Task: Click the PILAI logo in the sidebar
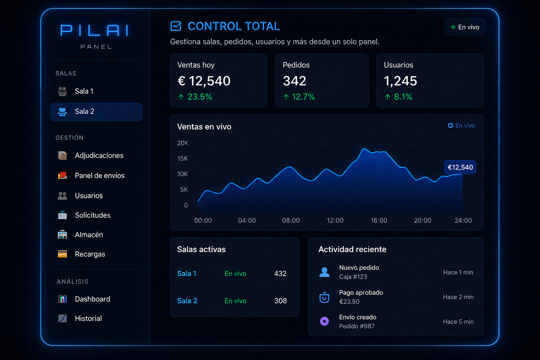[x=95, y=31]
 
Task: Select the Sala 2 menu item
[x=96, y=112]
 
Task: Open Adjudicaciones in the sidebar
[x=99, y=155]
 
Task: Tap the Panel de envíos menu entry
[x=99, y=175]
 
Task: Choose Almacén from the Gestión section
[x=89, y=234]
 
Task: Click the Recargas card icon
[x=63, y=254]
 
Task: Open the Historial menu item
[x=88, y=319]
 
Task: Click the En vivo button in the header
[x=465, y=27]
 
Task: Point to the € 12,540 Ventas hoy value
[x=204, y=81]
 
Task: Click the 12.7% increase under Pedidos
[x=299, y=97]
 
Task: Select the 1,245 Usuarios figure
[x=400, y=81]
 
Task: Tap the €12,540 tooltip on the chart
[x=460, y=167]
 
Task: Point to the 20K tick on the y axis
[x=183, y=143]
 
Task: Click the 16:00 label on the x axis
[x=379, y=220]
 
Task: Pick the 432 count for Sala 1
[x=280, y=274]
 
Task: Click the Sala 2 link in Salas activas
[x=187, y=301]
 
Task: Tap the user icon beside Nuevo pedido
[x=324, y=272]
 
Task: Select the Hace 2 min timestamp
[x=458, y=297]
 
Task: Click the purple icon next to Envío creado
[x=324, y=321]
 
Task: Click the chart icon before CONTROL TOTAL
[x=176, y=26]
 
